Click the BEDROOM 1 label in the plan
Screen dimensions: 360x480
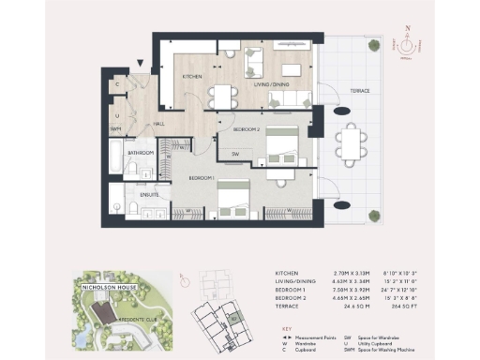(x=201, y=177)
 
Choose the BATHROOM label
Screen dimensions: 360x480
(x=142, y=152)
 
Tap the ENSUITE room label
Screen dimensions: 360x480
(x=149, y=195)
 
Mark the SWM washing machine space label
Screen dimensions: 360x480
(x=115, y=128)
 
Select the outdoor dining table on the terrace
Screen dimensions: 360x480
(x=353, y=145)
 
